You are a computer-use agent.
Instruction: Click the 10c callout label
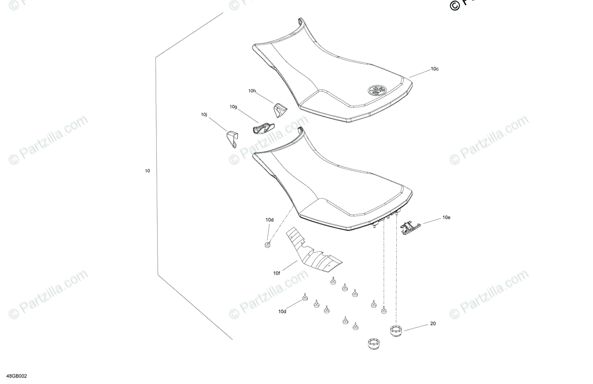(434, 69)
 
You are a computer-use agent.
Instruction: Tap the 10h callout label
(252, 91)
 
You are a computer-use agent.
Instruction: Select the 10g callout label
(233, 107)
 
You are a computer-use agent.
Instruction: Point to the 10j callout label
(204, 115)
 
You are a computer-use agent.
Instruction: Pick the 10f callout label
(276, 273)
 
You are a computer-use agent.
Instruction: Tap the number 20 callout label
(433, 324)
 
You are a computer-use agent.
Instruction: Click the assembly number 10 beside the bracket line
(147, 171)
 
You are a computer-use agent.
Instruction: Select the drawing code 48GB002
(17, 376)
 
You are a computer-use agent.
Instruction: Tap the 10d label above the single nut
(269, 220)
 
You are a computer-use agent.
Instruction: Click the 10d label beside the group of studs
(282, 312)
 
